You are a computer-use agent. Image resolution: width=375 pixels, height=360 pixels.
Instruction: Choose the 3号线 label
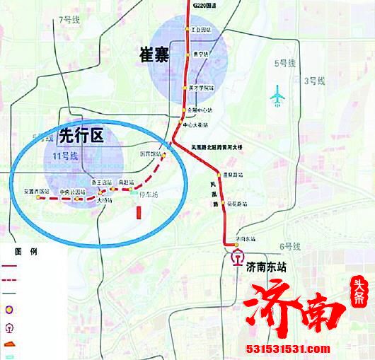(313, 81)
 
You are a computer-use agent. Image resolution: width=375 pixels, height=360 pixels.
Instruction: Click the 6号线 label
(290, 246)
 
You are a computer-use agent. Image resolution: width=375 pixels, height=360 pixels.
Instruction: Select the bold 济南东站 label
(270, 267)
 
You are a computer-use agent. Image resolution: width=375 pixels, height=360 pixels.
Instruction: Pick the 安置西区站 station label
(36, 192)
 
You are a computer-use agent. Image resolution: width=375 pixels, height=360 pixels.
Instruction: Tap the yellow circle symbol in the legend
(8, 309)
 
